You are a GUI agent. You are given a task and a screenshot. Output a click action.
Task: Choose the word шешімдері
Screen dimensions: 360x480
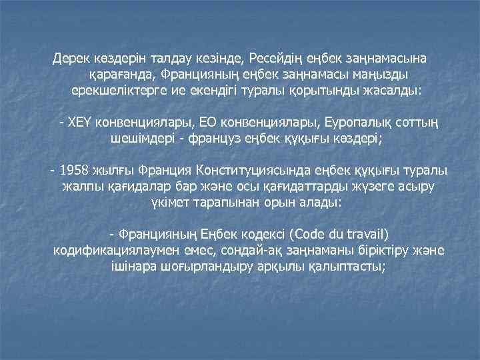(142, 139)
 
